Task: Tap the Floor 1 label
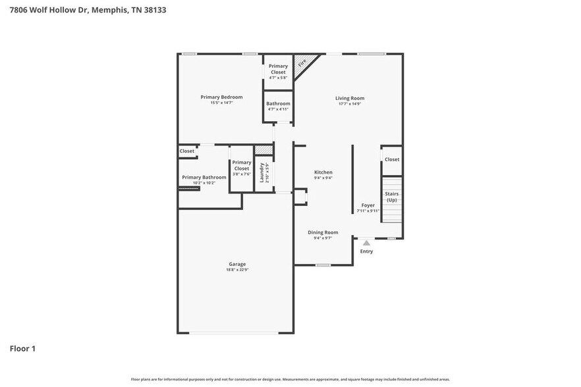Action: [22, 348]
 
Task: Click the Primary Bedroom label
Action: [221, 97]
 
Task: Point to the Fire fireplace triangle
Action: [302, 64]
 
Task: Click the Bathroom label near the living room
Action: [278, 103]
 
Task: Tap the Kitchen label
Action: [323, 172]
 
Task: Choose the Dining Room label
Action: [323, 232]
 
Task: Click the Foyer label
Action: [368, 205]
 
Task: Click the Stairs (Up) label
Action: [392, 197]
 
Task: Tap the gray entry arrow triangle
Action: [366, 243]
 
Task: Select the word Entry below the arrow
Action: [366, 251]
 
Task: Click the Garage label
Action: [237, 264]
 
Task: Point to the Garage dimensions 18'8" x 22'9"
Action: [237, 269]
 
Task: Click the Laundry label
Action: [262, 173]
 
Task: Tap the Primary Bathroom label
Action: [204, 177]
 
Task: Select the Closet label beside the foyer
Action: [392, 159]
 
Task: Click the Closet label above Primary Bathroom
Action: [187, 151]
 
